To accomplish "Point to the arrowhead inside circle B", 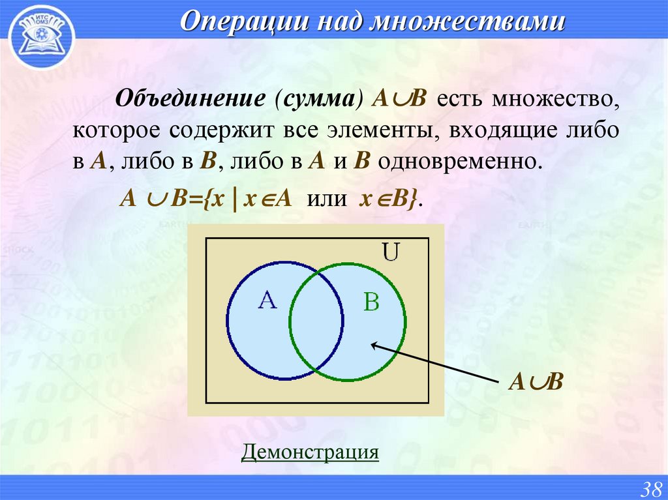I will [x=374, y=346].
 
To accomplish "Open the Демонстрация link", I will [x=310, y=452].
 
